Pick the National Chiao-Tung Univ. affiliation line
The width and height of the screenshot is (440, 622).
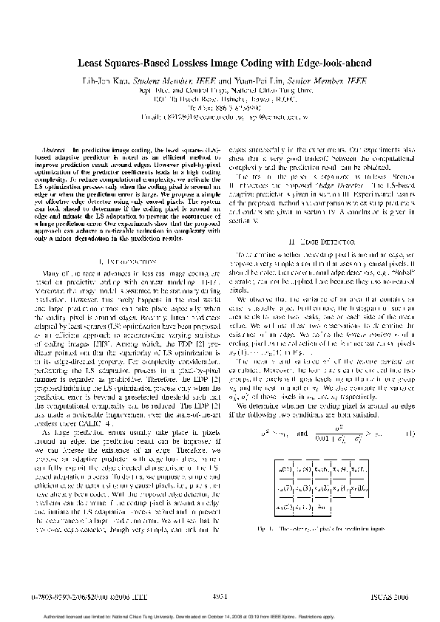click(220, 89)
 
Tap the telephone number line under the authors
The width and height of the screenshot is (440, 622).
click(220, 106)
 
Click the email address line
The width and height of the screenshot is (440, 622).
click(220, 116)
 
